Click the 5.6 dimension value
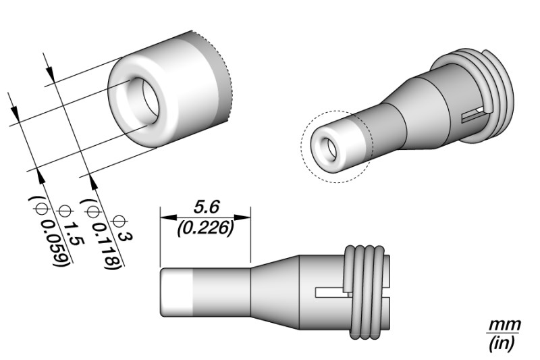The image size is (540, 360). point(207,207)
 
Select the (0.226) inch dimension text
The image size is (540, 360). point(205,228)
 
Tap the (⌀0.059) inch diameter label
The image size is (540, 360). point(49,232)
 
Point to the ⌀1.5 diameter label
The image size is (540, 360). point(72,226)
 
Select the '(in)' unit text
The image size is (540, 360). point(503,342)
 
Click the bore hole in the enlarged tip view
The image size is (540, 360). point(144,101)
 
